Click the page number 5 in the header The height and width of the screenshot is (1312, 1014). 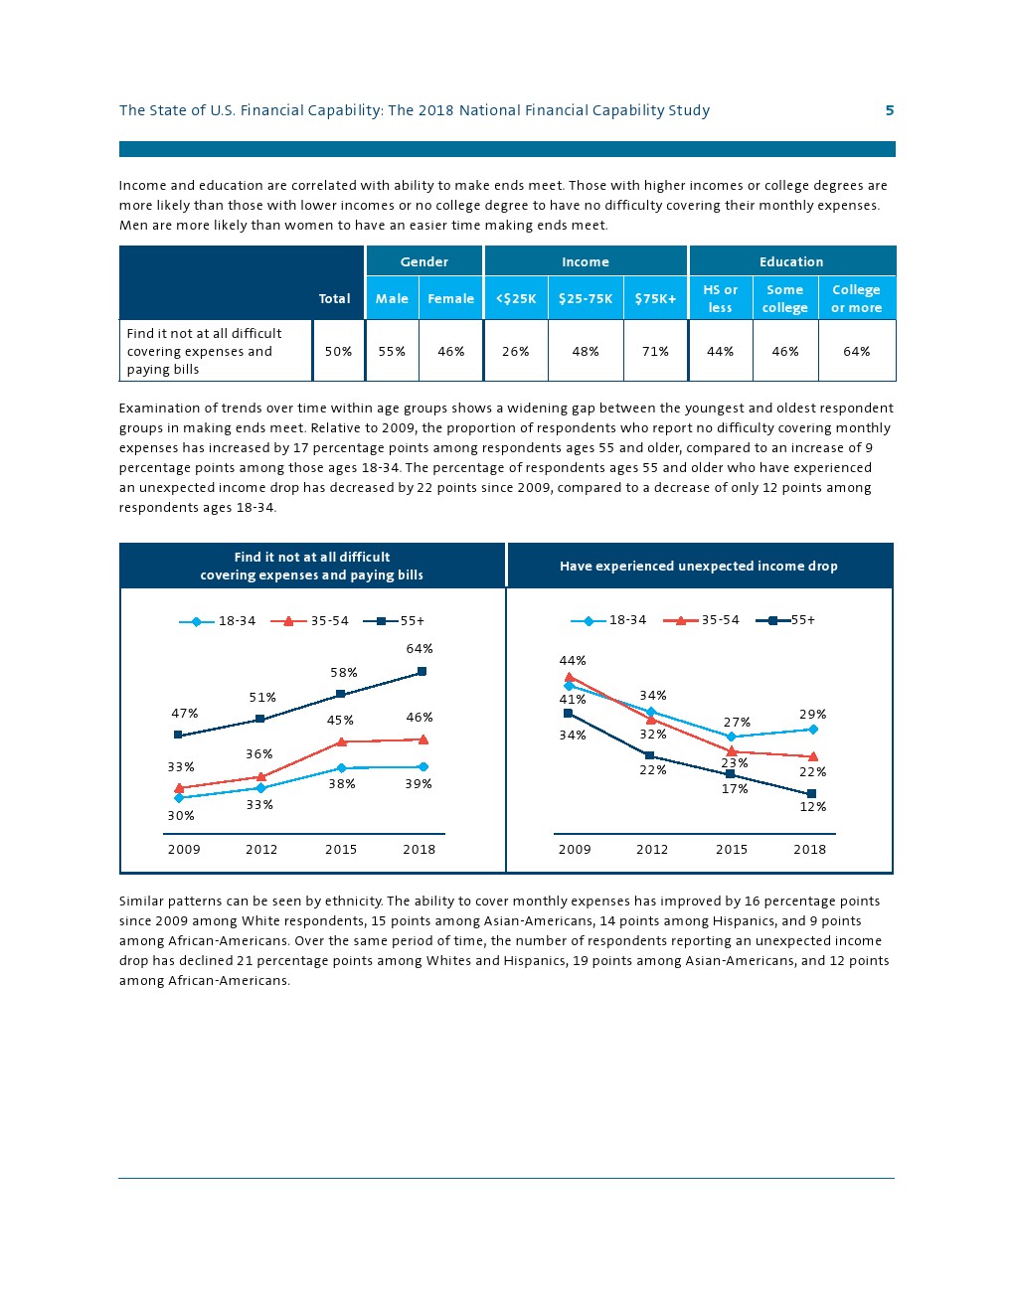point(890,110)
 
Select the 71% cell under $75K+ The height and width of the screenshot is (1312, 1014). point(655,351)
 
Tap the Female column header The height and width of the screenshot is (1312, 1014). point(451,298)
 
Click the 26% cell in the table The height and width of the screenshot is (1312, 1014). point(515,351)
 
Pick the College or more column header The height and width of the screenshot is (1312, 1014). point(856,298)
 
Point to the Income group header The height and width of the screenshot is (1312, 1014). point(586,261)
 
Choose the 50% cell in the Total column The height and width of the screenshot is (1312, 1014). point(338,351)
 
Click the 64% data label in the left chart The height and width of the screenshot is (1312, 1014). point(420,649)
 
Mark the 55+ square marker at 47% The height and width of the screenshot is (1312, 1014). point(178,736)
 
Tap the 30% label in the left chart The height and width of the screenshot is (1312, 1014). point(181,815)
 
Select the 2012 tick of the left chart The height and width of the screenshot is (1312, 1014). point(261,849)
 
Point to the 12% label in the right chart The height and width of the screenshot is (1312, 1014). point(812,806)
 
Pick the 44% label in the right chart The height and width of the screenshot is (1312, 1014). point(573,660)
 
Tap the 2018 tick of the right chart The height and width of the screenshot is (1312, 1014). point(809,849)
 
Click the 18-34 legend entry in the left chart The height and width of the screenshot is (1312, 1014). point(218,621)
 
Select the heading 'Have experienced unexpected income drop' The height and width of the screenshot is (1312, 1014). point(698,566)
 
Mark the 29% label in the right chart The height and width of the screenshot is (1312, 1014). point(812,714)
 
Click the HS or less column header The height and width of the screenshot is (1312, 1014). point(720,298)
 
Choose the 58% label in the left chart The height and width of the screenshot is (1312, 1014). point(344,673)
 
